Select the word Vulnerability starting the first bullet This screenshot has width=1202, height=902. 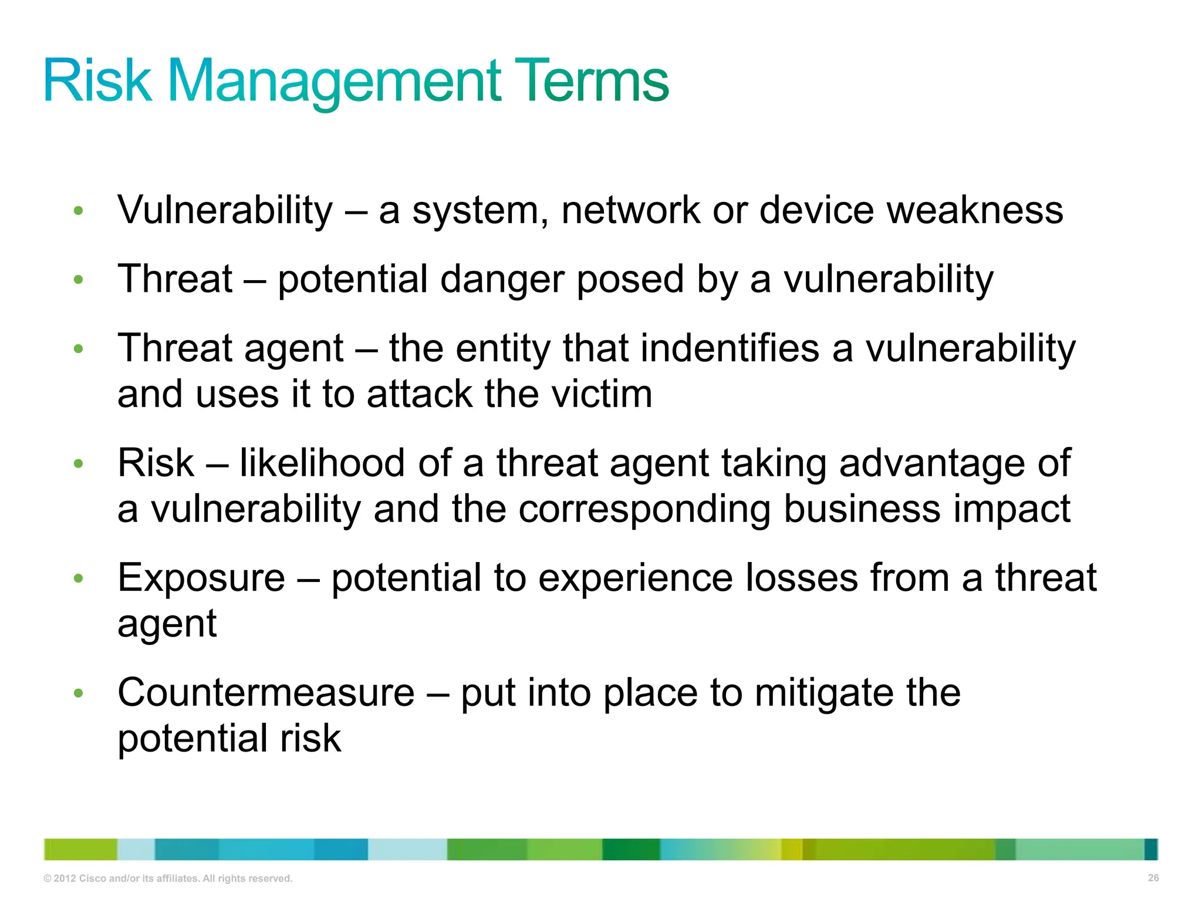point(225,210)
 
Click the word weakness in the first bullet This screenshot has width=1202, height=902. point(975,210)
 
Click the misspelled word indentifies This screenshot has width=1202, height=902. point(730,348)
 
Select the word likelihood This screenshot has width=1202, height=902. point(322,463)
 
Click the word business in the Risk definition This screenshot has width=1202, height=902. point(862,509)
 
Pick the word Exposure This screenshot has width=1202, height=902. point(201,578)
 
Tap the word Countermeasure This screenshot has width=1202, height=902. point(266,693)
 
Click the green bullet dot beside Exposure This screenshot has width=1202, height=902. point(79,579)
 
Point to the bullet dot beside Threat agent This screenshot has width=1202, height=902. point(79,349)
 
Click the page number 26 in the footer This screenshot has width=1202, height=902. point(1153,878)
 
